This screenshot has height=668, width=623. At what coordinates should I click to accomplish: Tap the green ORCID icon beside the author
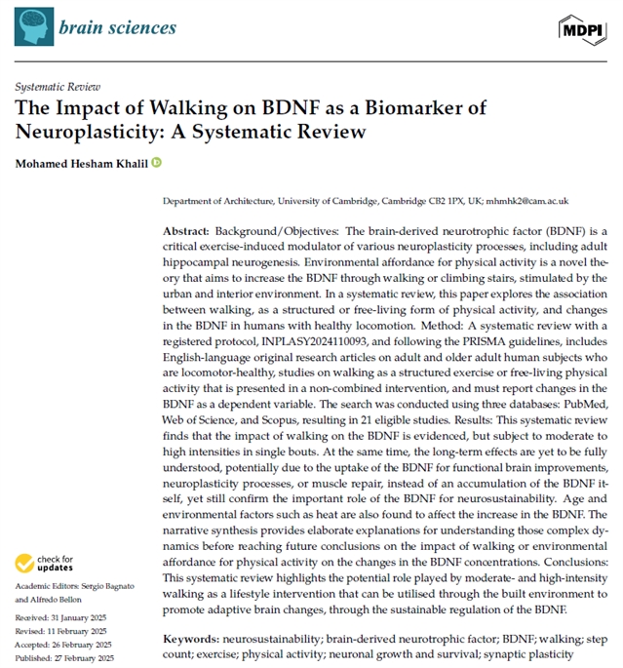click(157, 162)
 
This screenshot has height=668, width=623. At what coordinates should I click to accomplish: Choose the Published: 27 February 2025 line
click(65, 658)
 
